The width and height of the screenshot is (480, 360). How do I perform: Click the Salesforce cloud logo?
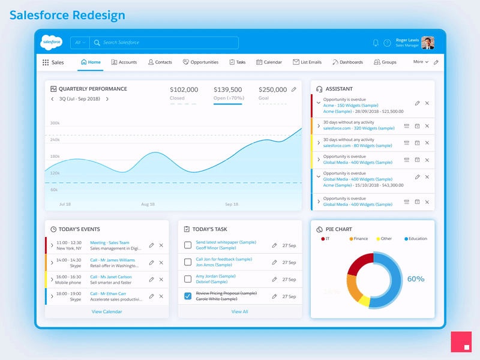coord(52,43)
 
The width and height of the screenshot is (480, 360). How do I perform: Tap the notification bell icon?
coord(376,43)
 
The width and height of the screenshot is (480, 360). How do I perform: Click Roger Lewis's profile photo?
coord(428,43)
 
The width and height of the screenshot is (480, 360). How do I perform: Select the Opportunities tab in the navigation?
coord(200,62)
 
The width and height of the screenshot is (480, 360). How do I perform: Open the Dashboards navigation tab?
coord(347,62)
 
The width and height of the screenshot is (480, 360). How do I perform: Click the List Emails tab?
coord(307,62)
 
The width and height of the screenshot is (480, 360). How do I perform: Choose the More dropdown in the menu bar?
coord(421,62)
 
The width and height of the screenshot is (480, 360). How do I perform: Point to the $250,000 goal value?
coord(272,89)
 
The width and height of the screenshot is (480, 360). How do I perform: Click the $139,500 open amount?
coord(228,89)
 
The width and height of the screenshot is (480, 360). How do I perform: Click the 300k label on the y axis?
coord(55,123)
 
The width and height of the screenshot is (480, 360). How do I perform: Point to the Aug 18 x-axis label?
coord(148,205)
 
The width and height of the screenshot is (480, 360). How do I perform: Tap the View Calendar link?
coord(107,311)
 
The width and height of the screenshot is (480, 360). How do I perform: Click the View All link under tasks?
coord(240,311)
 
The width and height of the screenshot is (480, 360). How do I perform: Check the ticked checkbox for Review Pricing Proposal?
coord(188,296)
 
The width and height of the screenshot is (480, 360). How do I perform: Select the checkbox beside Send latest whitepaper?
coord(188,245)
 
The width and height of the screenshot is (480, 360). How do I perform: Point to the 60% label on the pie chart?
coord(416,279)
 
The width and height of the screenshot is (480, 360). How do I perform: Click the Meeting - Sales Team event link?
coord(109,243)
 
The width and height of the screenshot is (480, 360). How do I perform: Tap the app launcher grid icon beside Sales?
coord(46,62)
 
